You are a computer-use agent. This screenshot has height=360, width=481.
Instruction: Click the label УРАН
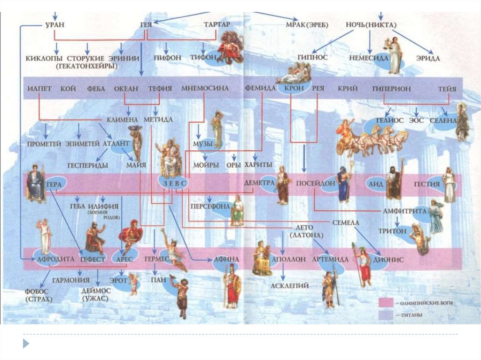click(55, 24)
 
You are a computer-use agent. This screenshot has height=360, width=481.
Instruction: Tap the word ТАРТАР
click(217, 24)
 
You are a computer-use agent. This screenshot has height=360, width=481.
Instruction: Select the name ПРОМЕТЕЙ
click(44, 144)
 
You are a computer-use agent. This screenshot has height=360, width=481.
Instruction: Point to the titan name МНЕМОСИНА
click(205, 88)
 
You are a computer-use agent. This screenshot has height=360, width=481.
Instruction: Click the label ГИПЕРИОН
click(391, 88)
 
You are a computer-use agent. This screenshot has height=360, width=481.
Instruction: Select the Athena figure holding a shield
click(232, 287)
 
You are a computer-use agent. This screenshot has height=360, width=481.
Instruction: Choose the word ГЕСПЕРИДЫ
click(87, 165)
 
